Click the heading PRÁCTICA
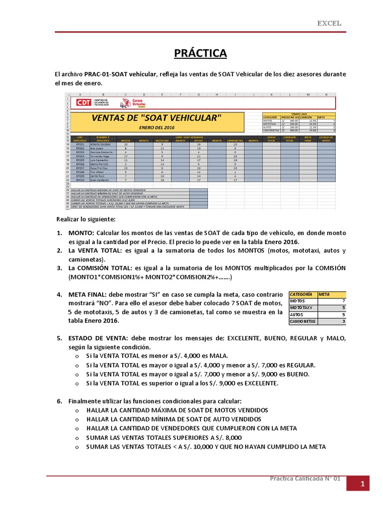tap(200, 53)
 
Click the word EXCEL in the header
tap(330, 23)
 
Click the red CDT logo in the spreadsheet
tap(84, 103)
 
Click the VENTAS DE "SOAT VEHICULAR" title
tap(156, 118)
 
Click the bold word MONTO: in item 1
tap(81, 233)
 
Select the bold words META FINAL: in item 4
tap(88, 294)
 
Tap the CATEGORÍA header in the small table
tap(301, 294)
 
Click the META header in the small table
tap(324, 294)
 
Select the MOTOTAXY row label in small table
tap(301, 308)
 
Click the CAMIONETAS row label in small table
tap(303, 322)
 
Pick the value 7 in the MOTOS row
tap(343, 301)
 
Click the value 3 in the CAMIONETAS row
tap(343, 322)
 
